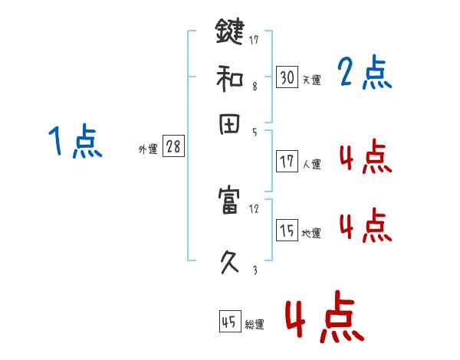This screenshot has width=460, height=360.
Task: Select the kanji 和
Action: pyautogui.click(x=228, y=78)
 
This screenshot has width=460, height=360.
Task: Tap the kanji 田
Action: pyautogui.click(x=228, y=125)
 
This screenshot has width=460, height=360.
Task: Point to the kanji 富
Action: pyautogui.click(x=228, y=203)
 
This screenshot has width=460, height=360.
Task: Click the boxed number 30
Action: pyautogui.click(x=287, y=77)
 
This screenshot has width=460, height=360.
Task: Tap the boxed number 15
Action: pyautogui.click(x=287, y=230)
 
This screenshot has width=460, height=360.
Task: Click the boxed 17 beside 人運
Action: pyautogui.click(x=287, y=161)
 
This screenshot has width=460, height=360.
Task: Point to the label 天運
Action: pyautogui.click(x=311, y=80)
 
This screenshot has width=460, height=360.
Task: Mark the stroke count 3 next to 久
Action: pyautogui.click(x=254, y=270)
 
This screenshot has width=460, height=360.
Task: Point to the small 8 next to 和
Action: pyautogui.click(x=254, y=87)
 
